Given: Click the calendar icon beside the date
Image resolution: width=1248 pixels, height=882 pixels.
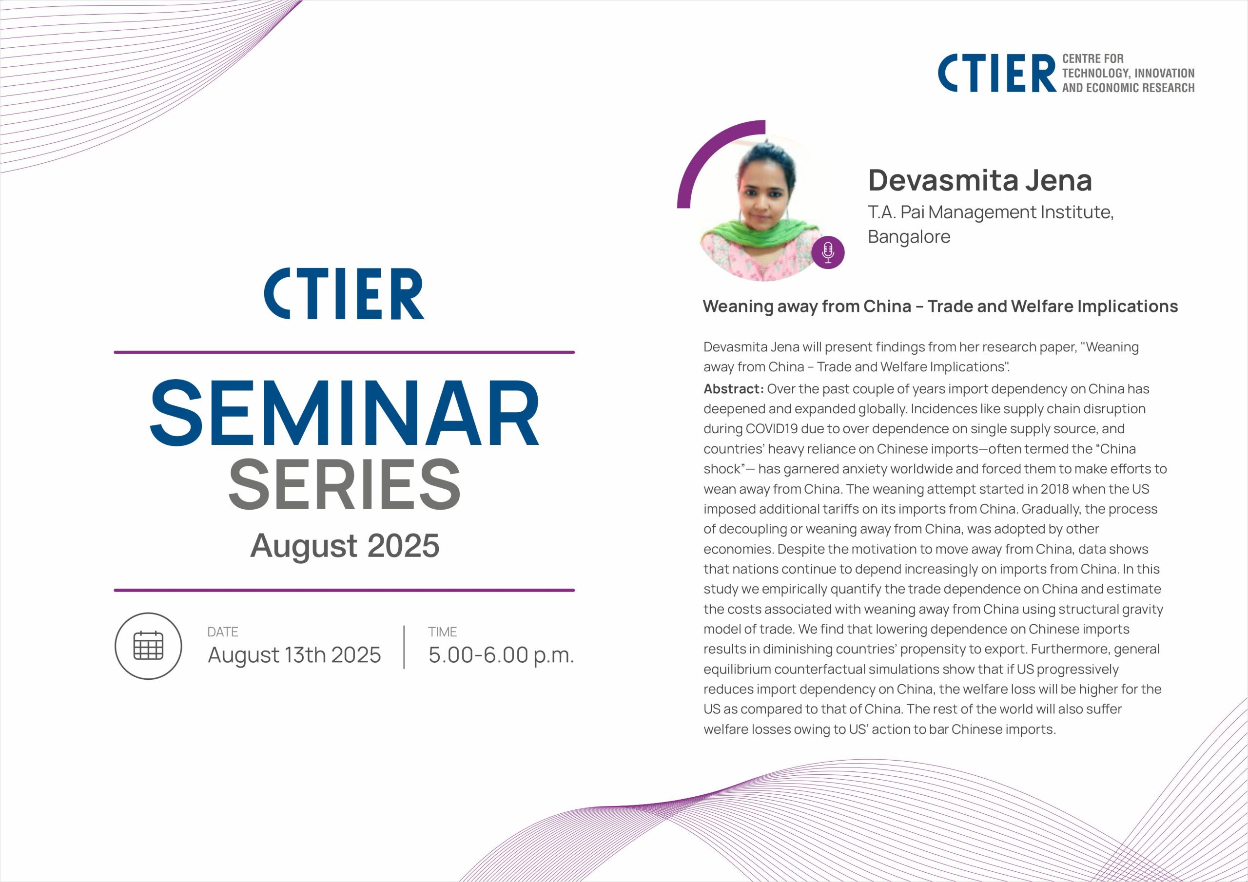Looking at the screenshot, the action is point(148,646).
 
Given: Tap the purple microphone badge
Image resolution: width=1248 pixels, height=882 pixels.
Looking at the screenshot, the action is point(828,252).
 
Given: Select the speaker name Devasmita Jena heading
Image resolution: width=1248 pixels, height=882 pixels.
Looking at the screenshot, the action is point(980,180).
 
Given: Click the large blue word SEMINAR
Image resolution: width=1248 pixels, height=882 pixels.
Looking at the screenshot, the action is point(345,414).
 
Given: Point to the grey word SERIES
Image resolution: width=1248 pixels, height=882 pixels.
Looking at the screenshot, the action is point(345,484).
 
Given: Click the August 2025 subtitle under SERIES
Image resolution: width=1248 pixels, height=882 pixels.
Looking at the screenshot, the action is point(345,546).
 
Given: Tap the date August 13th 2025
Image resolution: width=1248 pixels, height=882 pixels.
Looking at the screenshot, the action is point(294,655).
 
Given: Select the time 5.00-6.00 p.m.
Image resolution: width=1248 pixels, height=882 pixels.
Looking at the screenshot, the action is point(501,655).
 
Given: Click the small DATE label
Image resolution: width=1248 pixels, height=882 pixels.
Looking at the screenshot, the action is point(223,632).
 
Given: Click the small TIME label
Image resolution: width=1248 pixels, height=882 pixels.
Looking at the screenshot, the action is point(443,632).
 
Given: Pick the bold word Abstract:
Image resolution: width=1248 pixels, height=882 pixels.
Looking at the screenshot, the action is point(734,389).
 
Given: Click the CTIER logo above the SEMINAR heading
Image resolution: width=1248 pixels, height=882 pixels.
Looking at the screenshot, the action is point(344,293).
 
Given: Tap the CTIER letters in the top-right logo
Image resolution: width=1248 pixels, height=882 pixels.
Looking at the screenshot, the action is point(997,73).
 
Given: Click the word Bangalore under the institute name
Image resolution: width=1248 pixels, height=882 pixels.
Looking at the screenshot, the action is point(909,237).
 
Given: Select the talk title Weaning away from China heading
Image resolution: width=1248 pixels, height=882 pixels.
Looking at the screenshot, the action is point(940,307).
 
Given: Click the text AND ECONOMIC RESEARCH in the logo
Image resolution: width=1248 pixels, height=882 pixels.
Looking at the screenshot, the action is point(1129,88).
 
